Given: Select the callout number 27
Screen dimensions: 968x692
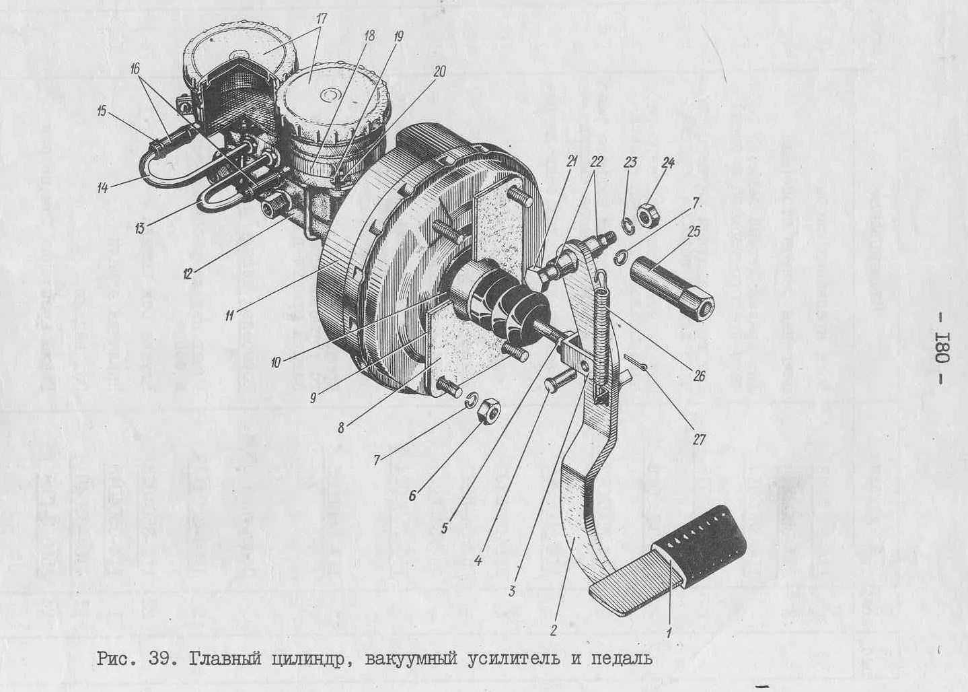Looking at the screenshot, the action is pos(699,440).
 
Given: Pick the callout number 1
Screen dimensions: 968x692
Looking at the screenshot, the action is pos(668,633).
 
